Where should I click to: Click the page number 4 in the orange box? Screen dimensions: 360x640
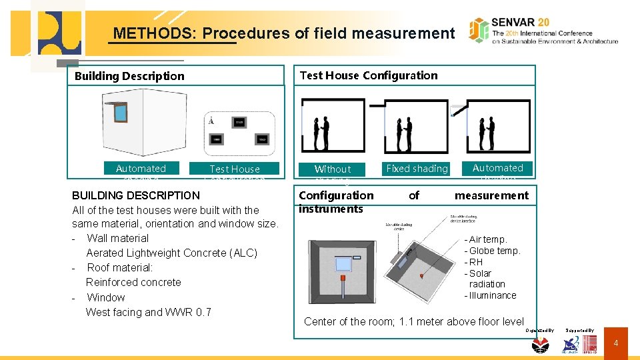tap(616, 343)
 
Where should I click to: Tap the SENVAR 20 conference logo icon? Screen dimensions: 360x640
tap(479, 30)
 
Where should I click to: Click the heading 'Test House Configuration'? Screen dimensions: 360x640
tap(369, 75)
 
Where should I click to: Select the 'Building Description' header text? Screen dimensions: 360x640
tap(129, 76)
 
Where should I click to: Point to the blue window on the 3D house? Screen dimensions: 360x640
tap(120, 112)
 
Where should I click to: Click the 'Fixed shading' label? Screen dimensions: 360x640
tap(417, 169)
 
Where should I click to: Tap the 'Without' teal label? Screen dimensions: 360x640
tap(332, 169)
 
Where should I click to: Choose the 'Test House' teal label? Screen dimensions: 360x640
tap(235, 169)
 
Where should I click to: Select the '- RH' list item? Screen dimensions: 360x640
tap(473, 262)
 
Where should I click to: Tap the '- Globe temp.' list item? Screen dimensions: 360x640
tap(492, 251)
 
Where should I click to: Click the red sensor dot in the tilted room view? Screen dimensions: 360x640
tap(421, 275)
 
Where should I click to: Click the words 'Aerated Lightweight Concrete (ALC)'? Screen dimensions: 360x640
tap(171, 253)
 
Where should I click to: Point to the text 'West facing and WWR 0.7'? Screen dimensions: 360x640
tap(148, 312)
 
